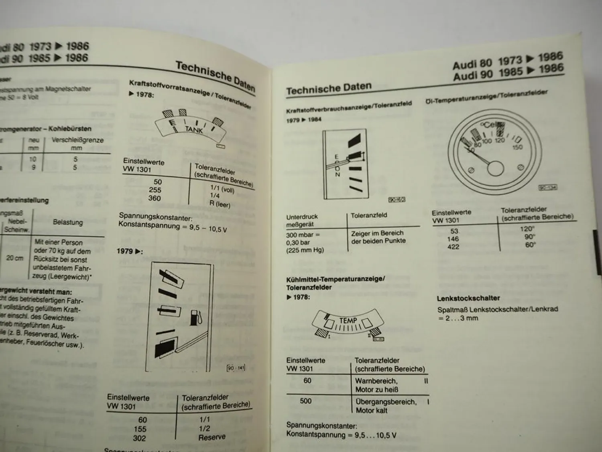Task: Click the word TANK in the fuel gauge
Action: coord(194,129)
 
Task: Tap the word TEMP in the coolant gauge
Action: coord(348,320)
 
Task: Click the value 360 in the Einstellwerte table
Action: coord(154,198)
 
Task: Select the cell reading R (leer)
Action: coord(220,204)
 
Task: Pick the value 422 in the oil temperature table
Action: coord(453,247)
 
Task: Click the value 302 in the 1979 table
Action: coord(139,438)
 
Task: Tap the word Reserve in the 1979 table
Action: coord(212,437)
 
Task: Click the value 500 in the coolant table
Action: coord(306,401)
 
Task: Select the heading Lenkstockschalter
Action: coord(463,298)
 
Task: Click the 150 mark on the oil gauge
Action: coord(517,147)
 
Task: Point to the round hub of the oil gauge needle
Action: coord(495,168)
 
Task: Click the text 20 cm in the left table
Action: coord(15,258)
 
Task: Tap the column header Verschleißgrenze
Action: coord(77,140)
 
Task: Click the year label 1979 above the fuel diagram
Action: coord(125,251)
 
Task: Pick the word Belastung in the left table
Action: coord(68,222)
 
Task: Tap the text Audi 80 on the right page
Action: coord(472,63)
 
